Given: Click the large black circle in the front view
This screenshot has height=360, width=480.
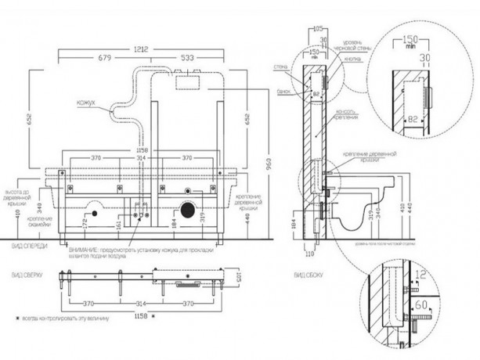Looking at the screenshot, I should click(x=187, y=211).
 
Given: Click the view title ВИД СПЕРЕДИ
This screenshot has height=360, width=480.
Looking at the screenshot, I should click(x=30, y=247).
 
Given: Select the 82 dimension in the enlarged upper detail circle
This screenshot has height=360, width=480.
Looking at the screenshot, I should click(x=412, y=118).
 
